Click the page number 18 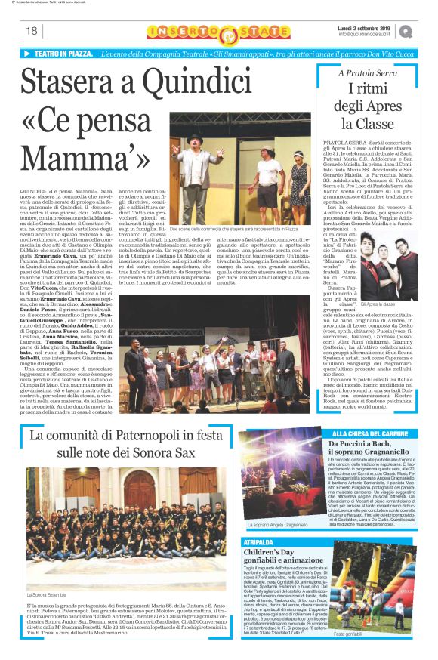pyautogui.click(x=32, y=31)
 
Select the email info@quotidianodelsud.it pyautogui.click(x=365, y=35)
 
